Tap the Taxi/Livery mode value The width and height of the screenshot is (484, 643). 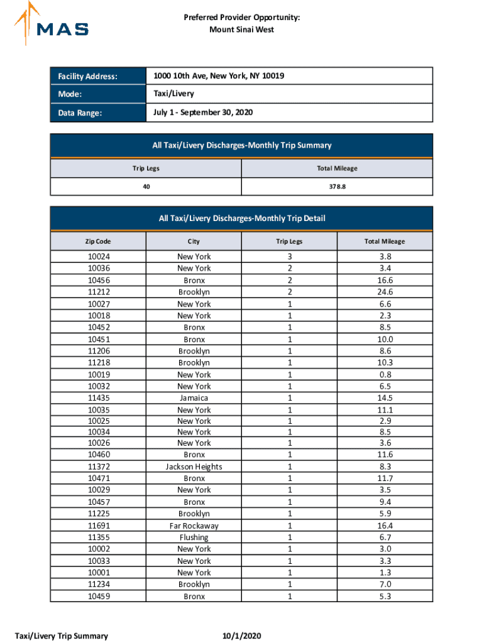[x=173, y=94]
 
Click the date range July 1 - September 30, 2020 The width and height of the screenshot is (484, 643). [x=203, y=112]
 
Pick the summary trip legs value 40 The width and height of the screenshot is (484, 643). [x=146, y=186]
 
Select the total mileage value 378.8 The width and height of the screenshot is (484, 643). [x=338, y=186]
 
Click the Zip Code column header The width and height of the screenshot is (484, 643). [x=98, y=241]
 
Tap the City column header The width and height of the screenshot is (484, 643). [x=194, y=241]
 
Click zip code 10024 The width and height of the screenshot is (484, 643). [x=98, y=256]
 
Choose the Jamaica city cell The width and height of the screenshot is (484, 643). [x=194, y=398]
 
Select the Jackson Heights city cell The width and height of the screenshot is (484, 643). [x=194, y=467]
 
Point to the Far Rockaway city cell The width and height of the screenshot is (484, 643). [x=194, y=526]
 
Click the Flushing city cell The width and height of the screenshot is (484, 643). [x=194, y=538]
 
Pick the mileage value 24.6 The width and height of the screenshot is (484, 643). [x=386, y=292]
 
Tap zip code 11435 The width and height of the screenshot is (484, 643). [x=98, y=398]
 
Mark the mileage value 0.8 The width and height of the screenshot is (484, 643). [x=386, y=375]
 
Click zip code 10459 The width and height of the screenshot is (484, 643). [x=98, y=597]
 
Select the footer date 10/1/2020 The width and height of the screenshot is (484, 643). [x=242, y=636]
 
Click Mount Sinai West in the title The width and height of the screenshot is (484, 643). [x=242, y=30]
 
